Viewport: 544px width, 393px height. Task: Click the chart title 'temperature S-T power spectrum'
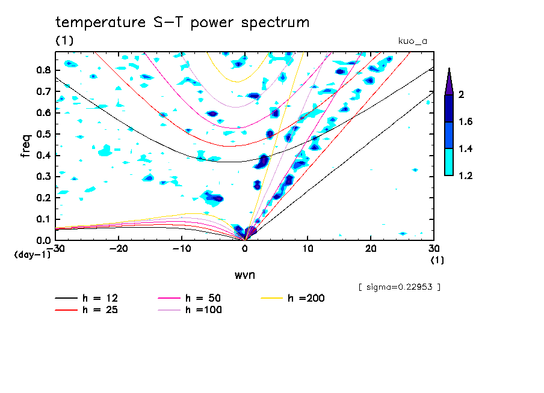(182, 23)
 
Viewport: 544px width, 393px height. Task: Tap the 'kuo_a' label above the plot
(413, 41)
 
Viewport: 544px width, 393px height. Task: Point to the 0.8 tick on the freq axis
(43, 70)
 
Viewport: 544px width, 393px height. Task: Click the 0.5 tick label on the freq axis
(43, 134)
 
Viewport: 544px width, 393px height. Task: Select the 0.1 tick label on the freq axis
(43, 219)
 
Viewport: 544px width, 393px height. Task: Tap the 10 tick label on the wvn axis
(308, 248)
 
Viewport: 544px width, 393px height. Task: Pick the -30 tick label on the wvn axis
(55, 248)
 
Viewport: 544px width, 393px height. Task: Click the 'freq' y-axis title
(25, 146)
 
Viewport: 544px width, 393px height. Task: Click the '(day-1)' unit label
(32, 255)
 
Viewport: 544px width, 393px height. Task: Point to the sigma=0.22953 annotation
(400, 287)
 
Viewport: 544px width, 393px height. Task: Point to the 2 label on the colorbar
(463, 94)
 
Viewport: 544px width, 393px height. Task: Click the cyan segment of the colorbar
(448, 162)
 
